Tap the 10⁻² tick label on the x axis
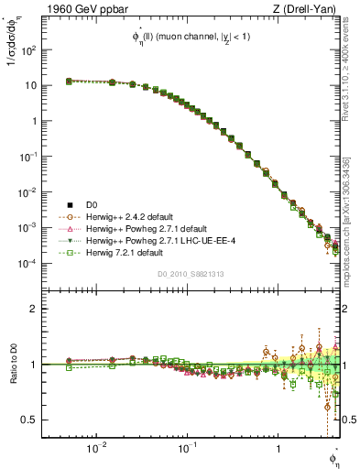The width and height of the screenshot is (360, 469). (x=95, y=449)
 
